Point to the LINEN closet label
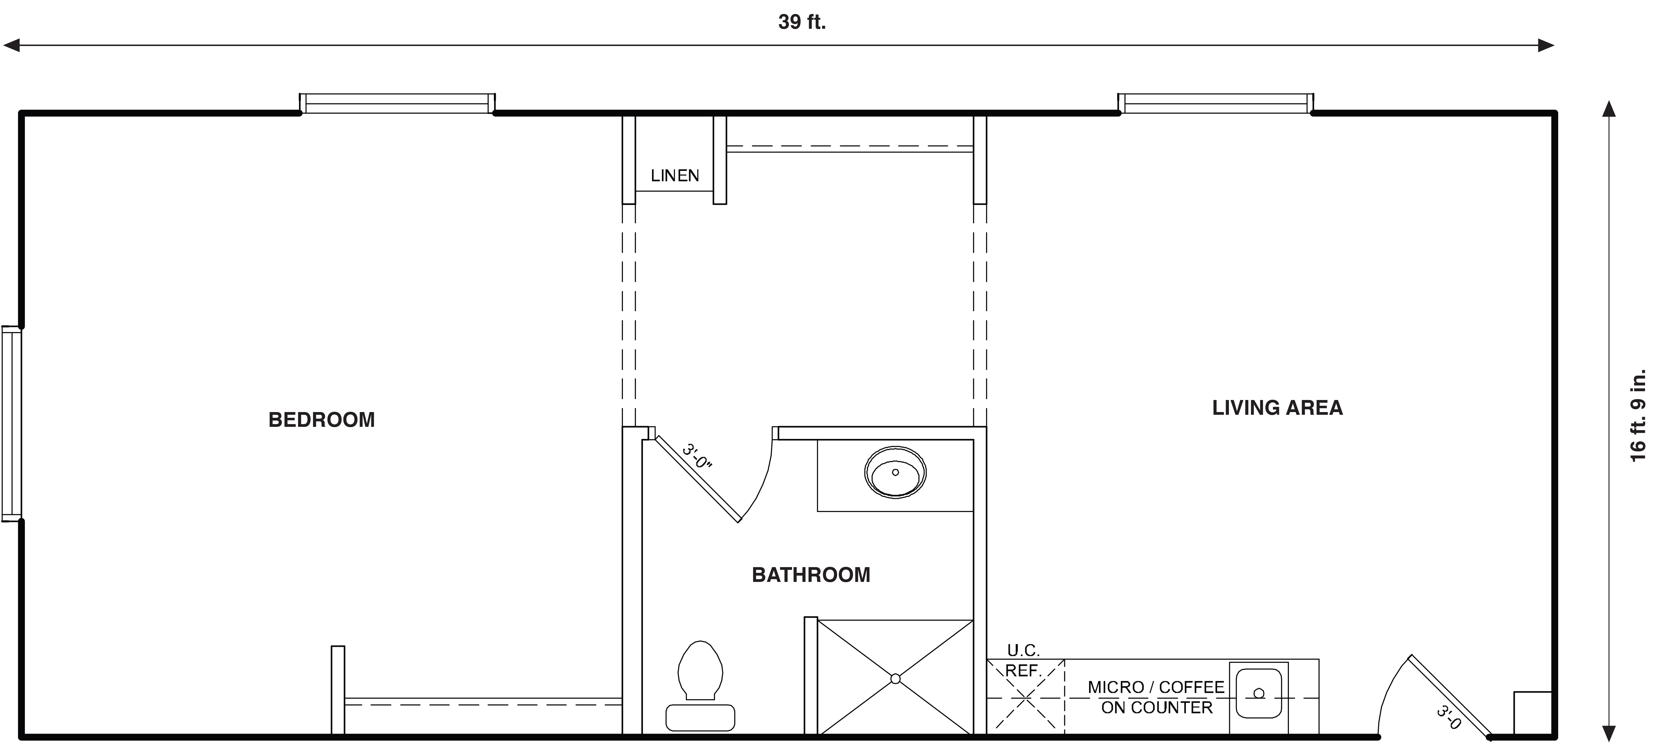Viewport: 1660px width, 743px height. [675, 175]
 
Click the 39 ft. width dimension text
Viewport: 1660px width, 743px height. [802, 22]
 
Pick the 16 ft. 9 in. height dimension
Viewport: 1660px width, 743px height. [1638, 415]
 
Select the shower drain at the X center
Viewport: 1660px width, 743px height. [895, 679]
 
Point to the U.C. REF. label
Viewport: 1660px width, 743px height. [1023, 661]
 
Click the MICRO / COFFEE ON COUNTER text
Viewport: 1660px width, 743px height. [1156, 697]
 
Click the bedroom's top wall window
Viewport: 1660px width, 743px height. [397, 103]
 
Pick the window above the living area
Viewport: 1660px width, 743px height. [1215, 103]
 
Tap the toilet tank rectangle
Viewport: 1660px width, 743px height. [701, 718]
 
